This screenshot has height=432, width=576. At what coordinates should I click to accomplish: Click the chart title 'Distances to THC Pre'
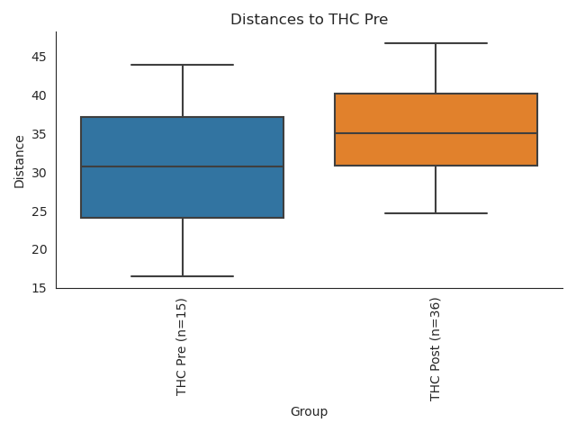(309, 20)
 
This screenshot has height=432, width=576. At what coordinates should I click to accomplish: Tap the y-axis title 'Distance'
(20, 161)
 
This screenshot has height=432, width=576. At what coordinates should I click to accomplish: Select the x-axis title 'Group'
(309, 412)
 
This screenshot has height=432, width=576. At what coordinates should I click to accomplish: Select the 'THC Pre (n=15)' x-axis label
(182, 346)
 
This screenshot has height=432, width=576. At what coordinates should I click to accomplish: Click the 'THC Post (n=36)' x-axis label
(436, 349)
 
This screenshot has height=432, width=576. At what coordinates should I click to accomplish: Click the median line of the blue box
(183, 166)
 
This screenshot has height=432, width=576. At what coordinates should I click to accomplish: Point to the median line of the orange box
(436, 133)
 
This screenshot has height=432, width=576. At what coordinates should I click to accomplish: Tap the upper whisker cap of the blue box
(183, 65)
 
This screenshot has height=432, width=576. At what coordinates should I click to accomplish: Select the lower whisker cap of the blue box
(183, 276)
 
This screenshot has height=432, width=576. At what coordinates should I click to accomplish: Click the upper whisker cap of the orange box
(436, 43)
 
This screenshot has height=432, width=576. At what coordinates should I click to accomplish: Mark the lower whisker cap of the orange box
(436, 213)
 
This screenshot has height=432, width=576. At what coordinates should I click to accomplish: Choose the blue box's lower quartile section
(183, 193)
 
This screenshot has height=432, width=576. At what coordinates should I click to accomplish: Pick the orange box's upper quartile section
(436, 113)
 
